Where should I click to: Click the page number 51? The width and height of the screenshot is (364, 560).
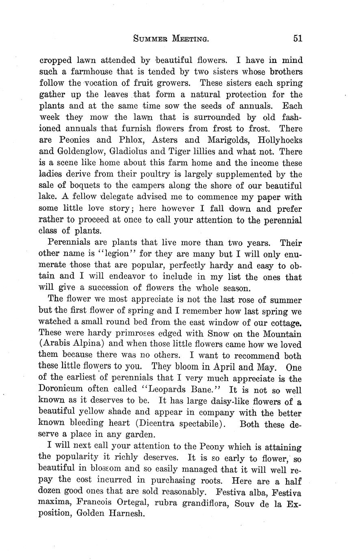(x=297, y=39)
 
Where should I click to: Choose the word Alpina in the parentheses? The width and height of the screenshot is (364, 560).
(x=87, y=345)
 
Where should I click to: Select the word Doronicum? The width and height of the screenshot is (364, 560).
(x=65, y=390)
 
